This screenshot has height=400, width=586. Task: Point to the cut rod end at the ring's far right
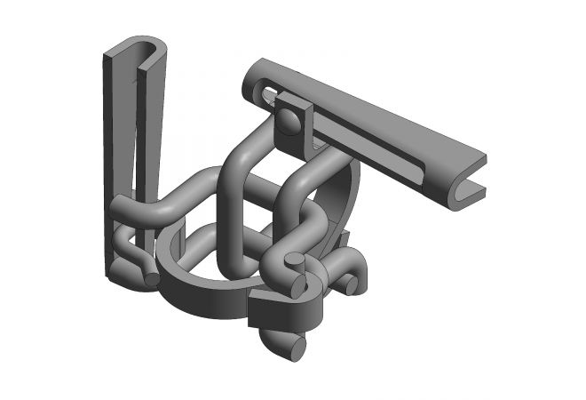(352, 284)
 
